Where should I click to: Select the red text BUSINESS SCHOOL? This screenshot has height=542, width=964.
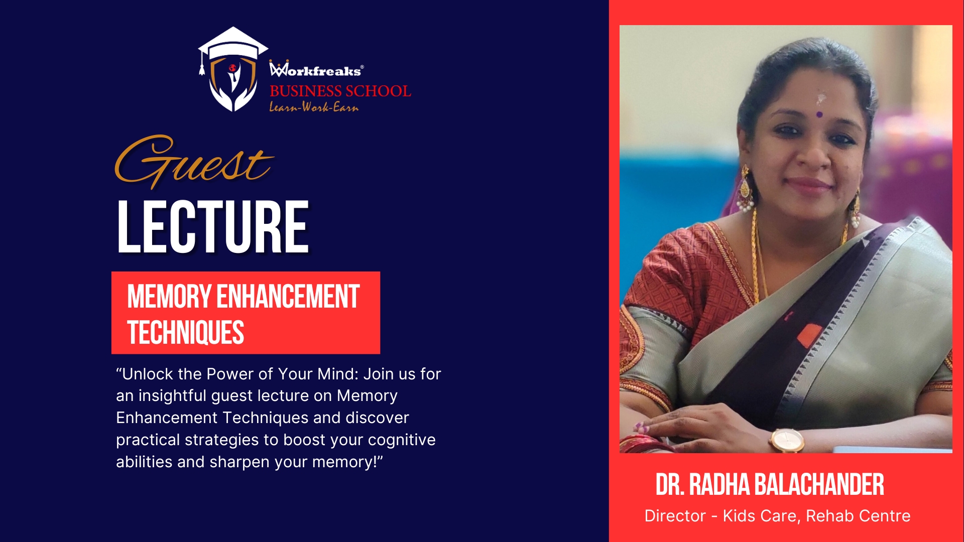[x=340, y=91]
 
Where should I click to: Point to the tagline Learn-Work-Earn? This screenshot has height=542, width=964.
[x=314, y=106]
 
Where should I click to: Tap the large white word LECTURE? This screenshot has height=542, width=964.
[x=213, y=227]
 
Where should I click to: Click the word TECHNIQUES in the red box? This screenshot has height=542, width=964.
[x=186, y=333]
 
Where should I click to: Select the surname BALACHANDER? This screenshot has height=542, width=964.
[x=819, y=485]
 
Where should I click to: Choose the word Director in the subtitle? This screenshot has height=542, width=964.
[x=675, y=516]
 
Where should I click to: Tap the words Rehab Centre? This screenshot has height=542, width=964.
[x=858, y=516]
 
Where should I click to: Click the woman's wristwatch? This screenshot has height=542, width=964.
[x=786, y=440]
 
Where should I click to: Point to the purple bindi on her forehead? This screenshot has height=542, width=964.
[x=819, y=115]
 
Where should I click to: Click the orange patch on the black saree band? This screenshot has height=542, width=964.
[x=809, y=335]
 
